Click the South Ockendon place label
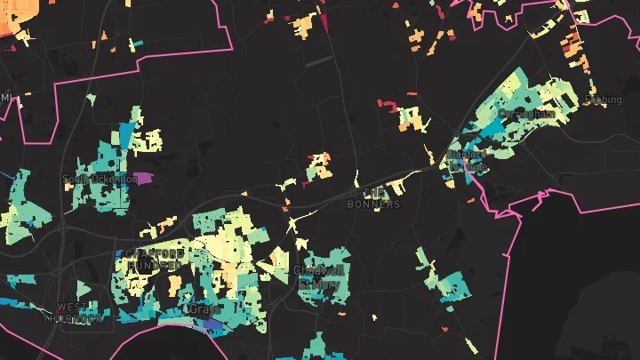(90, 179)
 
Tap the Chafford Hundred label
(156, 260)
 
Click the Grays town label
(204, 309)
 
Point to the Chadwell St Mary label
(317, 276)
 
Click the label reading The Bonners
(374, 198)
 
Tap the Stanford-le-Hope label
(467, 160)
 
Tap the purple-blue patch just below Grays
(212, 326)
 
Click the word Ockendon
(101, 179)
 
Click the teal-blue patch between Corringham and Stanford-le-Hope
(487, 132)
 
